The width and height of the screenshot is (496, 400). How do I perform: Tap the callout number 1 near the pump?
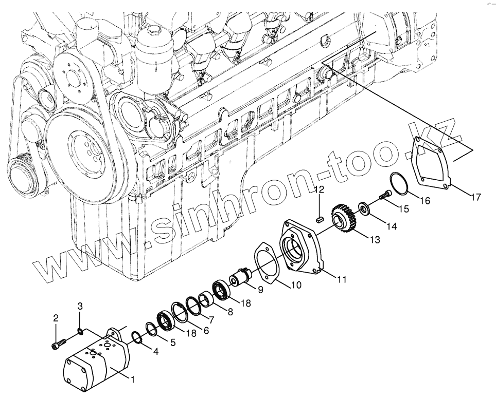(x=132, y=380)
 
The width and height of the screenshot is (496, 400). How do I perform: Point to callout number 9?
(x=260, y=290)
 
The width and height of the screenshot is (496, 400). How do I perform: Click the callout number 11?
(x=342, y=279)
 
